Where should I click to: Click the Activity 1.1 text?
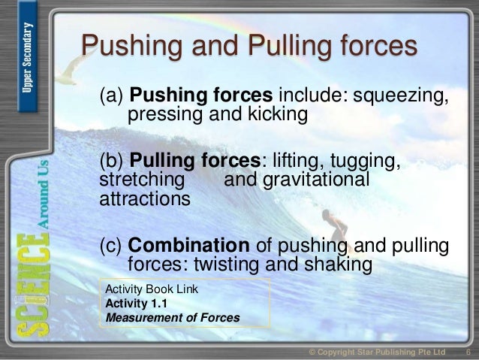coord(133,303)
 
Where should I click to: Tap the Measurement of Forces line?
coord(173,317)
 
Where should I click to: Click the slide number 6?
coord(468,352)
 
